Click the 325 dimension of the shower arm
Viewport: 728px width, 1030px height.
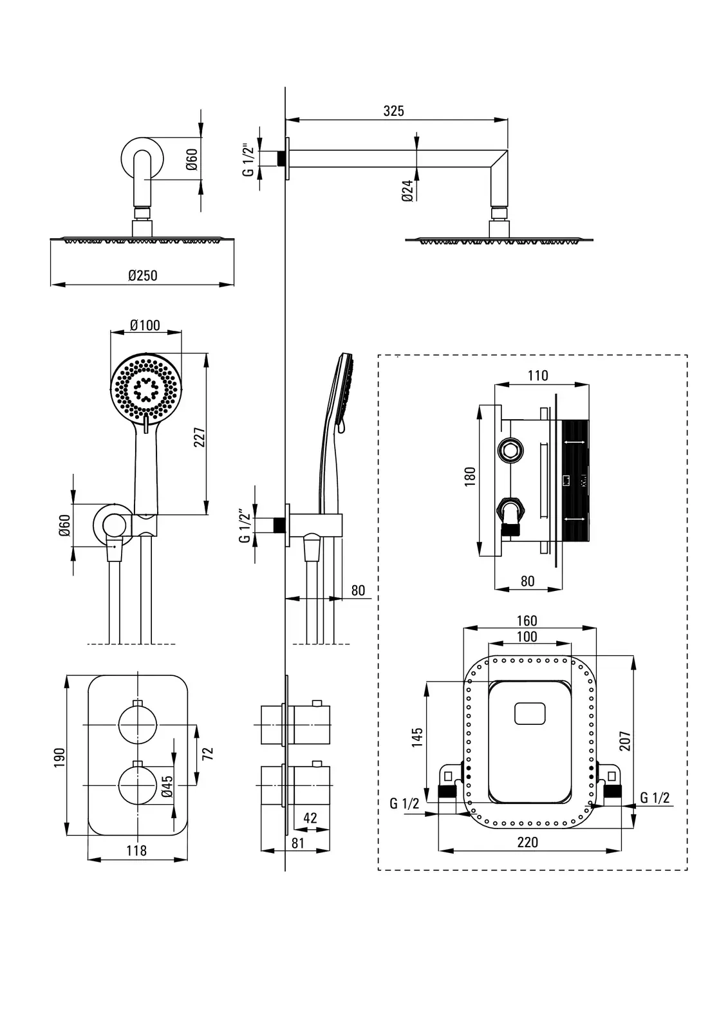click(x=393, y=111)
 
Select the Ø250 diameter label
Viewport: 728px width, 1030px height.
click(x=142, y=276)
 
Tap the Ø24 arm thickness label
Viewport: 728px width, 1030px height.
click(x=407, y=191)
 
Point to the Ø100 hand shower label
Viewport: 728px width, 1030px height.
click(x=145, y=325)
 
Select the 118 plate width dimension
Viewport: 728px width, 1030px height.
click(x=136, y=850)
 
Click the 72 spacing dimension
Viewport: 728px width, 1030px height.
click(x=207, y=753)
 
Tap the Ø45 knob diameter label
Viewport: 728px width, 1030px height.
click(x=167, y=787)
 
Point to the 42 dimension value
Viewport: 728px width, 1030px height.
click(x=310, y=818)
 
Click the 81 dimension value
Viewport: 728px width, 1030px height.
click(x=297, y=842)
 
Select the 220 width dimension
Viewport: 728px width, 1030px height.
click(x=527, y=842)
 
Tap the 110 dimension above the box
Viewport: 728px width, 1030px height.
click(x=537, y=375)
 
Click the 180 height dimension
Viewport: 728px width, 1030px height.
click(x=470, y=476)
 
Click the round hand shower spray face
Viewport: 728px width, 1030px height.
click(x=146, y=389)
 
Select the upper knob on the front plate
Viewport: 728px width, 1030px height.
click(x=137, y=725)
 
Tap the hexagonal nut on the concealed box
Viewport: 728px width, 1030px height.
click(x=510, y=451)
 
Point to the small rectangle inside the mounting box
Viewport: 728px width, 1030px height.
click(x=530, y=714)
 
